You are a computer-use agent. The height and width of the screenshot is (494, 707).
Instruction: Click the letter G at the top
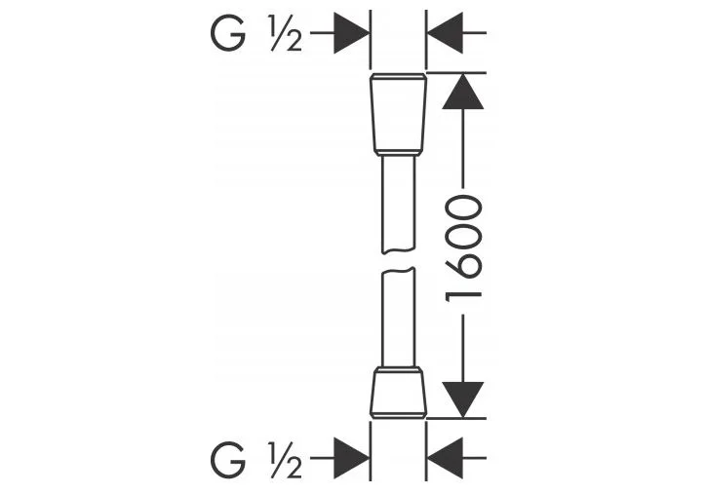[x=228, y=33]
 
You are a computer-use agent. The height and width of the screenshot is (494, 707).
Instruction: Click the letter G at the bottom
[x=228, y=459]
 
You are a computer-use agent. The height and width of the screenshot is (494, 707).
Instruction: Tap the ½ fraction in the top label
[x=286, y=33]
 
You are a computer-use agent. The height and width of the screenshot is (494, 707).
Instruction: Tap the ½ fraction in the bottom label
[x=286, y=459]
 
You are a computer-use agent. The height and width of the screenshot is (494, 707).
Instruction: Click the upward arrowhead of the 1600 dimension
[x=463, y=92]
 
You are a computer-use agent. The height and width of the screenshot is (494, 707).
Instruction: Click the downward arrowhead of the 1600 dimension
[x=463, y=399]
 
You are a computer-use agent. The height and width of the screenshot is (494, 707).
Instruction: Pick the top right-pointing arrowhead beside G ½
[x=351, y=33]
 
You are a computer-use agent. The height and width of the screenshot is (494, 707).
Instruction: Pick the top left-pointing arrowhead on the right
[x=445, y=33]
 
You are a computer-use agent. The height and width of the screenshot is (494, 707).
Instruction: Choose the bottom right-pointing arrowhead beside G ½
[x=351, y=458]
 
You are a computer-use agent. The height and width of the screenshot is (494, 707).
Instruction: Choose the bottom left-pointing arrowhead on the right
[x=445, y=458]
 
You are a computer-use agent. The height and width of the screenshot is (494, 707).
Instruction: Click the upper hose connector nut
[x=398, y=114]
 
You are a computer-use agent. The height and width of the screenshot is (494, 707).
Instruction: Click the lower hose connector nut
[x=398, y=393]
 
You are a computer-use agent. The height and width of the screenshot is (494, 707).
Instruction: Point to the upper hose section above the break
[x=398, y=204]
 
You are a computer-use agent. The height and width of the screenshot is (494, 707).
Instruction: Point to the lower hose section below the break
[x=398, y=318]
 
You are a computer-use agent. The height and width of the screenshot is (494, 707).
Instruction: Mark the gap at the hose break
[x=398, y=260]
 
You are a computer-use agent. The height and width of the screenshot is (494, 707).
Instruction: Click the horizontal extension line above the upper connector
[x=456, y=72]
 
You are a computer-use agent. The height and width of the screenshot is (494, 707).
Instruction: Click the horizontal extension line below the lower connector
[x=456, y=418]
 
